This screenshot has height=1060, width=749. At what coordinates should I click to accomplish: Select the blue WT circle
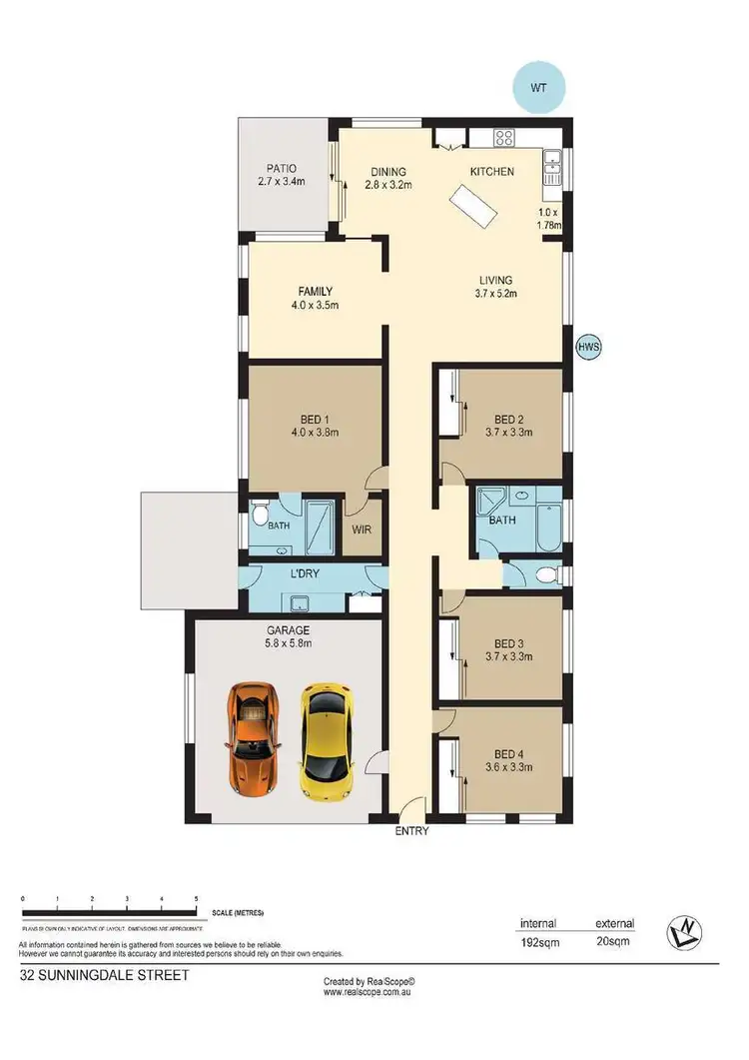pyautogui.click(x=539, y=87)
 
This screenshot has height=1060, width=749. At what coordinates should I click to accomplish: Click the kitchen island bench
pyautogui.click(x=476, y=210)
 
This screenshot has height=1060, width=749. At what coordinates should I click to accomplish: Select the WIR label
pyautogui.click(x=362, y=529)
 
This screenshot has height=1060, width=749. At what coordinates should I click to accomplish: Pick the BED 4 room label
pyautogui.click(x=507, y=754)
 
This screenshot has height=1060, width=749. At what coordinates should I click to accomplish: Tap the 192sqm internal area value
pyautogui.click(x=537, y=942)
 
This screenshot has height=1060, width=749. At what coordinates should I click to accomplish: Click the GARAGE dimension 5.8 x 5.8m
pyautogui.click(x=288, y=644)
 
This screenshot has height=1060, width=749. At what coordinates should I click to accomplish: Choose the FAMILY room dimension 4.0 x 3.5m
pyautogui.click(x=313, y=305)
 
